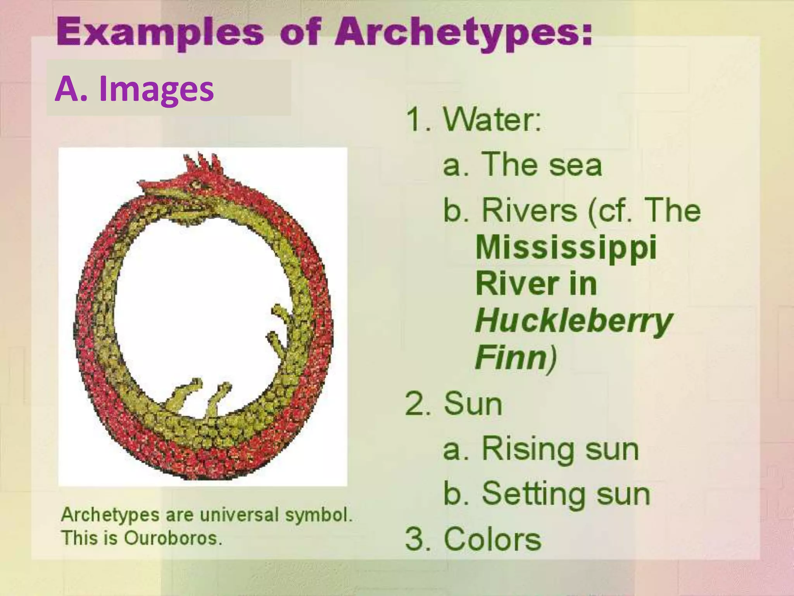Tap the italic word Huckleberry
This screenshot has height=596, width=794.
(573, 321)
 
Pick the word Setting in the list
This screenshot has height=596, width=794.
(533, 493)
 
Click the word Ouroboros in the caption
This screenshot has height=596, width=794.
(172, 538)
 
